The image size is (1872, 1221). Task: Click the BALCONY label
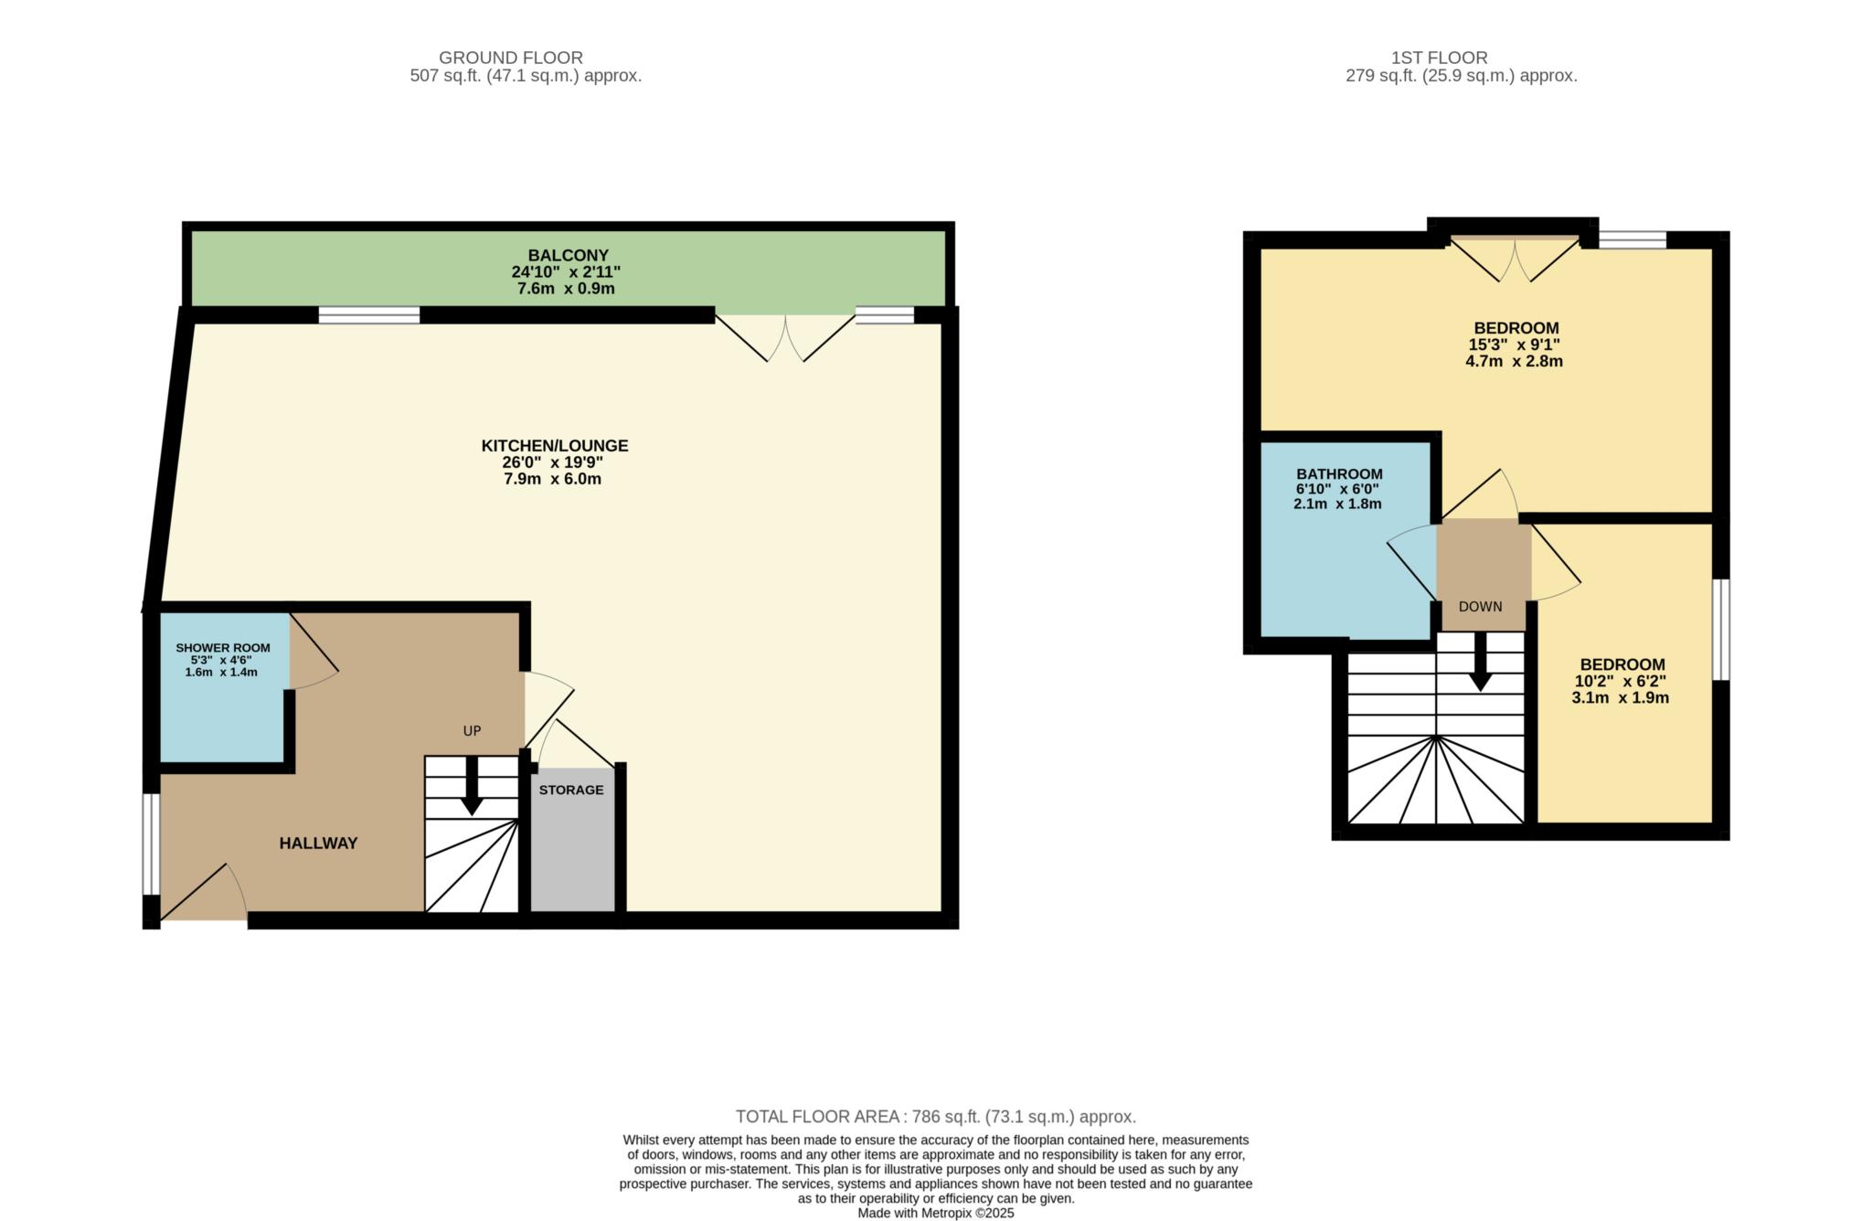click(568, 255)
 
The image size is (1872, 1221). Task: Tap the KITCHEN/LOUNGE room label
click(555, 446)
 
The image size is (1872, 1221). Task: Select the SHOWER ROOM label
click(223, 648)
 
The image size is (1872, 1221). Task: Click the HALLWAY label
click(318, 844)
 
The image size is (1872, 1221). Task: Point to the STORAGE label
click(571, 790)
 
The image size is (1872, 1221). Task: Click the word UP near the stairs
click(472, 731)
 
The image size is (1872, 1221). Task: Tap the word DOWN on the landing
click(1481, 606)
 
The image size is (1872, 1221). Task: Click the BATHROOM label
click(1339, 474)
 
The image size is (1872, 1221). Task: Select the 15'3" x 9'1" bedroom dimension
click(1514, 345)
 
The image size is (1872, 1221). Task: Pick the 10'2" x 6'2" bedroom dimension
click(1620, 681)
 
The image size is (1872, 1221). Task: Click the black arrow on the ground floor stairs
click(472, 785)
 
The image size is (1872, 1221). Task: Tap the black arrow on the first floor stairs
click(1480, 662)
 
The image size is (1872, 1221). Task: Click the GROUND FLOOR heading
click(511, 58)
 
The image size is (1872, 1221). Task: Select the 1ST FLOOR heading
click(1440, 58)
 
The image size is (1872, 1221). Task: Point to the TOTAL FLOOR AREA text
click(936, 1117)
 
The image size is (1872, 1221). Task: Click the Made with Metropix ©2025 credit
click(936, 1214)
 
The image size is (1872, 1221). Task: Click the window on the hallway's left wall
click(151, 844)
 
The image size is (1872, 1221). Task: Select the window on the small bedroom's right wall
click(1720, 630)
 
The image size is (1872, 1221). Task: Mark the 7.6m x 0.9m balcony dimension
click(566, 289)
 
